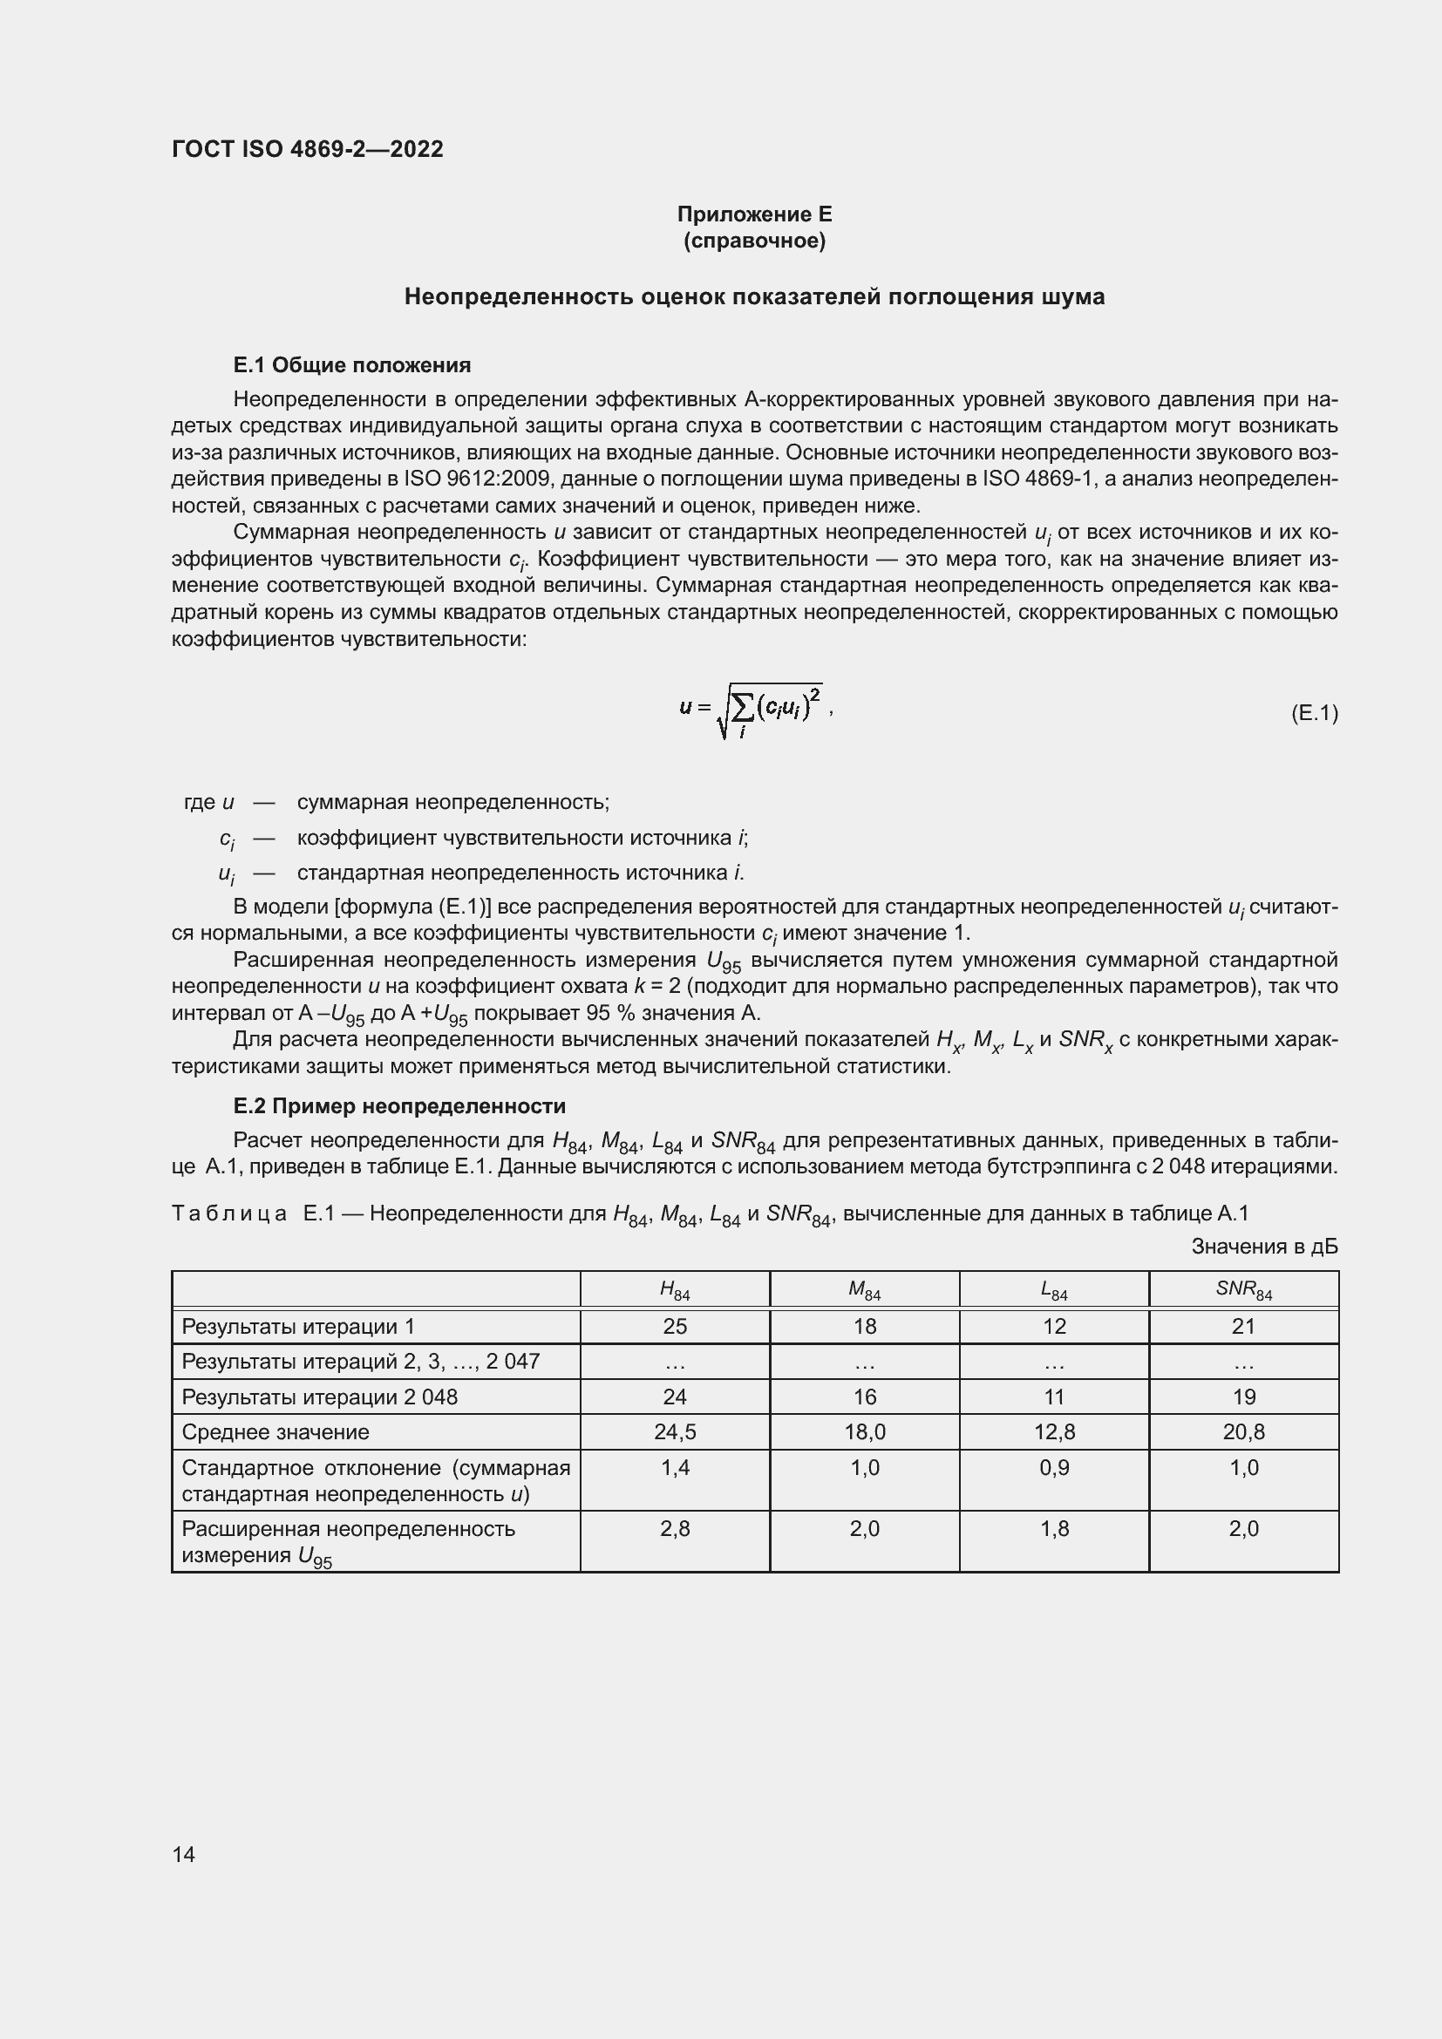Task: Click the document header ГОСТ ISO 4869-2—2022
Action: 307,149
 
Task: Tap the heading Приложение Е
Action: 754,214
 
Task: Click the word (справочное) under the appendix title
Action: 754,241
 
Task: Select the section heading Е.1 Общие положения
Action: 351,365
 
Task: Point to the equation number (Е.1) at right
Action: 1313,713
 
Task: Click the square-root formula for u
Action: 755,710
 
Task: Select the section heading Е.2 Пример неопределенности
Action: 398,1105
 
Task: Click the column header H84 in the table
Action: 675,1289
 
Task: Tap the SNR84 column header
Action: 1243,1289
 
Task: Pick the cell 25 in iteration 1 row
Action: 675,1327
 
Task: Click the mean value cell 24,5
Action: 675,1432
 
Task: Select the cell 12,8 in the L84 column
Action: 1054,1432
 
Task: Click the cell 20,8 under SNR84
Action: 1243,1432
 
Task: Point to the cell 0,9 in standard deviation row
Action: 1054,1468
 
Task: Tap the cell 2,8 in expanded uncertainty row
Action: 675,1529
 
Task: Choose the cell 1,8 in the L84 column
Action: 1054,1529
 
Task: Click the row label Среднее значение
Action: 275,1432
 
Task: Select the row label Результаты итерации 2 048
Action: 320,1397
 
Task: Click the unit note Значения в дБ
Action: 1263,1247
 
